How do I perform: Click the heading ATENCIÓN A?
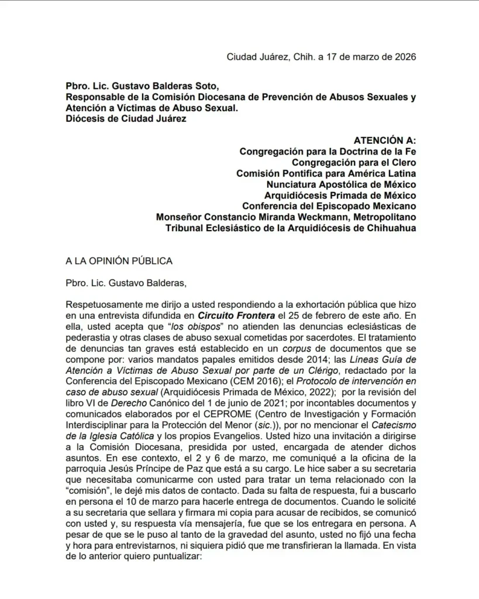(385, 140)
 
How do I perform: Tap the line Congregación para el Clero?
(354, 162)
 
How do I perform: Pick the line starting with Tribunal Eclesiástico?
(291, 228)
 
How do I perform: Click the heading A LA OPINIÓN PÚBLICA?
(119, 261)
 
